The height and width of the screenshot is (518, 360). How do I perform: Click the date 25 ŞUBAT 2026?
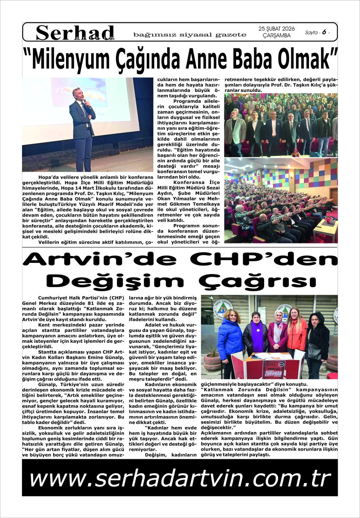(276, 28)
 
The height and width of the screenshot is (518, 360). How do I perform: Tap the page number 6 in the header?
(323, 32)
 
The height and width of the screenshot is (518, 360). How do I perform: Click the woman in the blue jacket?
(229, 337)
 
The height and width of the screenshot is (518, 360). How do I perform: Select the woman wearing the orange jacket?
(297, 332)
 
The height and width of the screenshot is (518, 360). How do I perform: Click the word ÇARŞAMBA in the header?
(276, 35)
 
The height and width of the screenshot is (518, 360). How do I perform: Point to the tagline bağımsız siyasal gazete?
(190, 35)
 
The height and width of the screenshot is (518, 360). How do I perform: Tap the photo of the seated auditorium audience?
(281, 201)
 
